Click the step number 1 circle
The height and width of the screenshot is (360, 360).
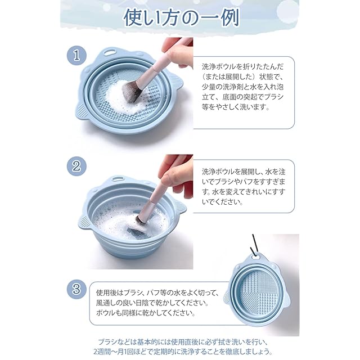(76, 56)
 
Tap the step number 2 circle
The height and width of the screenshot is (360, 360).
(76, 166)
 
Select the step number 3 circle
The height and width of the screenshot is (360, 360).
(76, 289)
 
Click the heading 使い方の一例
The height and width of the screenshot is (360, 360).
(181, 17)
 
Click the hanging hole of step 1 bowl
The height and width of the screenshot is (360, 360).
(110, 52)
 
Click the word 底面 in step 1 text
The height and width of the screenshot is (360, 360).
(227, 97)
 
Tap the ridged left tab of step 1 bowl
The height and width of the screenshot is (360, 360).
(82, 112)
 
